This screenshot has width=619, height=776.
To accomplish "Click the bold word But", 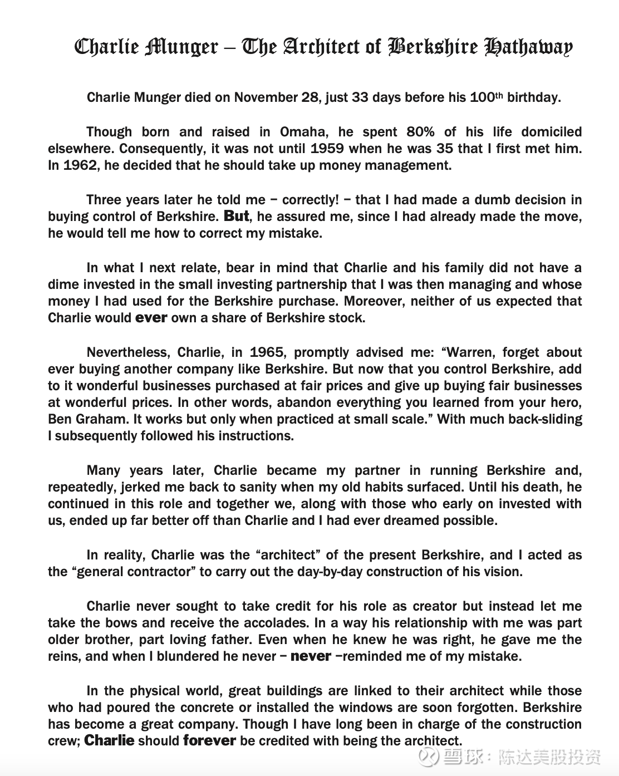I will click(x=236, y=216).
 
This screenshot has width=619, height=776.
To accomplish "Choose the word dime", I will click(x=63, y=284).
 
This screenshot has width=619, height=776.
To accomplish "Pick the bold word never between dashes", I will click(x=311, y=656).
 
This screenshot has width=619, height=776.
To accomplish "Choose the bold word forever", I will click(x=209, y=741).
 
